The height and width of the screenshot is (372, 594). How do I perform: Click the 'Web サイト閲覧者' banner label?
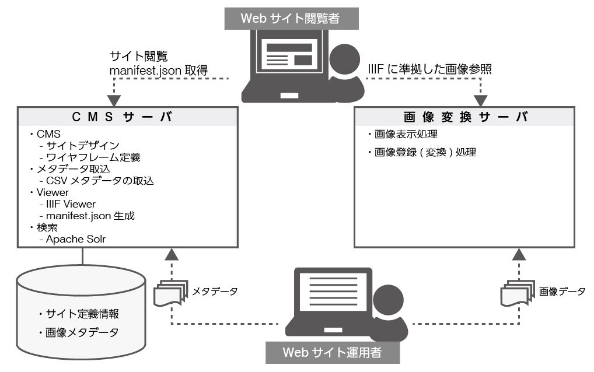[x=291, y=19]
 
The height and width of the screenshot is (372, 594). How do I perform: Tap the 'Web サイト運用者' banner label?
[x=332, y=352]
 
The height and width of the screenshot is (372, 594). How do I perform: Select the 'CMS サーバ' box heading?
[x=122, y=117]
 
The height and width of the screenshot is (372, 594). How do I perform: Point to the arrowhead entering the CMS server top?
[x=114, y=101]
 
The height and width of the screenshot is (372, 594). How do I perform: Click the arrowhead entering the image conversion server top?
[x=480, y=101]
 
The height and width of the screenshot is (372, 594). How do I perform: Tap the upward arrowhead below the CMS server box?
[x=172, y=254]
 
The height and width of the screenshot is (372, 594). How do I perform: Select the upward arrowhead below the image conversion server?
[x=519, y=254]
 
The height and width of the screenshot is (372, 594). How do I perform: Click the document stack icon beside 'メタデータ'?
[x=171, y=293]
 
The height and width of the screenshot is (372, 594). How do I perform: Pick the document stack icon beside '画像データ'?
[x=518, y=293]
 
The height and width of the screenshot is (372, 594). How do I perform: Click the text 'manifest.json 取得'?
[x=159, y=71]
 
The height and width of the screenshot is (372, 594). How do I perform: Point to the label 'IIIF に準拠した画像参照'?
[x=429, y=69]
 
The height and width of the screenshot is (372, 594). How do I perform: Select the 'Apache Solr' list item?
[x=76, y=239]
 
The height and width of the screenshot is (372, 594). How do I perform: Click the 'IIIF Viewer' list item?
[x=71, y=204]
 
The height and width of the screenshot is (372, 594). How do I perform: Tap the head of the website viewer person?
[x=345, y=59]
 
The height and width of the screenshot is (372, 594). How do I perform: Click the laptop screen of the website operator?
[x=333, y=291]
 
